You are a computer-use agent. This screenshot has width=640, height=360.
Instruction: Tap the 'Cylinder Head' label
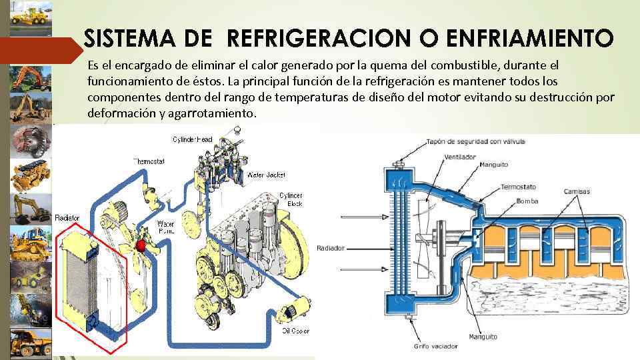(x=193, y=139)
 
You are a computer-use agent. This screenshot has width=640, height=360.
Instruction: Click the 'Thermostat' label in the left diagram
(x=148, y=161)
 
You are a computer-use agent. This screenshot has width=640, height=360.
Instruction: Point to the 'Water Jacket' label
(x=266, y=175)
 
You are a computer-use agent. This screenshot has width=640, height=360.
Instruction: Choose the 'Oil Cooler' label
(x=295, y=330)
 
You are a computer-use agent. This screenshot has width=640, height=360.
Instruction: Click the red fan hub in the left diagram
(x=141, y=247)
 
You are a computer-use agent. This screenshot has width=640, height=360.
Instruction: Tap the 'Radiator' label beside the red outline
(x=67, y=218)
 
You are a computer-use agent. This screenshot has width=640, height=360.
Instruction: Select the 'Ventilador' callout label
(x=459, y=157)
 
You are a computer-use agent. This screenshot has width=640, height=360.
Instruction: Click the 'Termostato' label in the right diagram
(x=519, y=187)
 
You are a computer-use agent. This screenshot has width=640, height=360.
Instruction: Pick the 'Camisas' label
(x=576, y=192)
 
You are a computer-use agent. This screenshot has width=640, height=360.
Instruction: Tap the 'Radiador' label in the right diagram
(x=331, y=248)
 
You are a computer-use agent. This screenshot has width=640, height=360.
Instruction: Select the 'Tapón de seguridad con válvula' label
(x=476, y=141)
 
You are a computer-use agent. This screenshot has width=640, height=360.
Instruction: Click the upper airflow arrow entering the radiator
(x=360, y=217)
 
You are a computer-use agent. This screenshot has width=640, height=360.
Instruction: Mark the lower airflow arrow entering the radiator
(x=360, y=271)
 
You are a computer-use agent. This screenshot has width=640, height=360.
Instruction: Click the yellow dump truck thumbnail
(x=31, y=343)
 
